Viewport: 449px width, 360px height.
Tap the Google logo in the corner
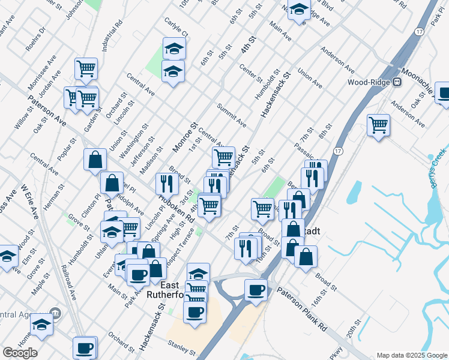(20, 352)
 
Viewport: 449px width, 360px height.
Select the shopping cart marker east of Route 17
(378, 125)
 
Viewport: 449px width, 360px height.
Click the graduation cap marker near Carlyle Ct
(174, 48)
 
